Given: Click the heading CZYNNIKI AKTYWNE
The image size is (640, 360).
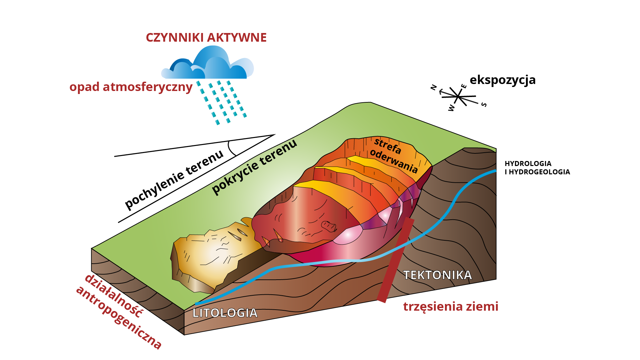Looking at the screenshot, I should tap(206, 38).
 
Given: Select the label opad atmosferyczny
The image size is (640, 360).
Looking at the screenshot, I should tap(131, 87).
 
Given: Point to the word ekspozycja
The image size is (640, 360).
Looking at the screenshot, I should tap(502, 80).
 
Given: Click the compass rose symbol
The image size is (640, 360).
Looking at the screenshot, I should tap(458, 97).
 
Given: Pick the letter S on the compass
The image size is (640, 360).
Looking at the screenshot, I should tap(484, 105).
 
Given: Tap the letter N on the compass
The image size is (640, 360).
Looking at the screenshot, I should tap(434, 87).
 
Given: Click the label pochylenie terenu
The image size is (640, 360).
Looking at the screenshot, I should tap(174, 180).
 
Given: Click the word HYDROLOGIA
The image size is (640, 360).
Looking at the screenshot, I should tap(528, 164).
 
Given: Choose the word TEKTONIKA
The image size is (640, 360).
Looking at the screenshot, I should tap(437, 275).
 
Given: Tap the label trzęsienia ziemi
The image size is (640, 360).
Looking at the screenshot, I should tap(451, 306).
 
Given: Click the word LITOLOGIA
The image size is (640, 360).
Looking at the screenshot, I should tap(225, 313).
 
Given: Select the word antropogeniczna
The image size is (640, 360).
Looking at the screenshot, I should tap(119, 318).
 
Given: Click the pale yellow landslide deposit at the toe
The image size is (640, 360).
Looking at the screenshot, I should tap(213, 257).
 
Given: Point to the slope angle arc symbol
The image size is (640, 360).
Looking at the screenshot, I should tap(231, 148).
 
